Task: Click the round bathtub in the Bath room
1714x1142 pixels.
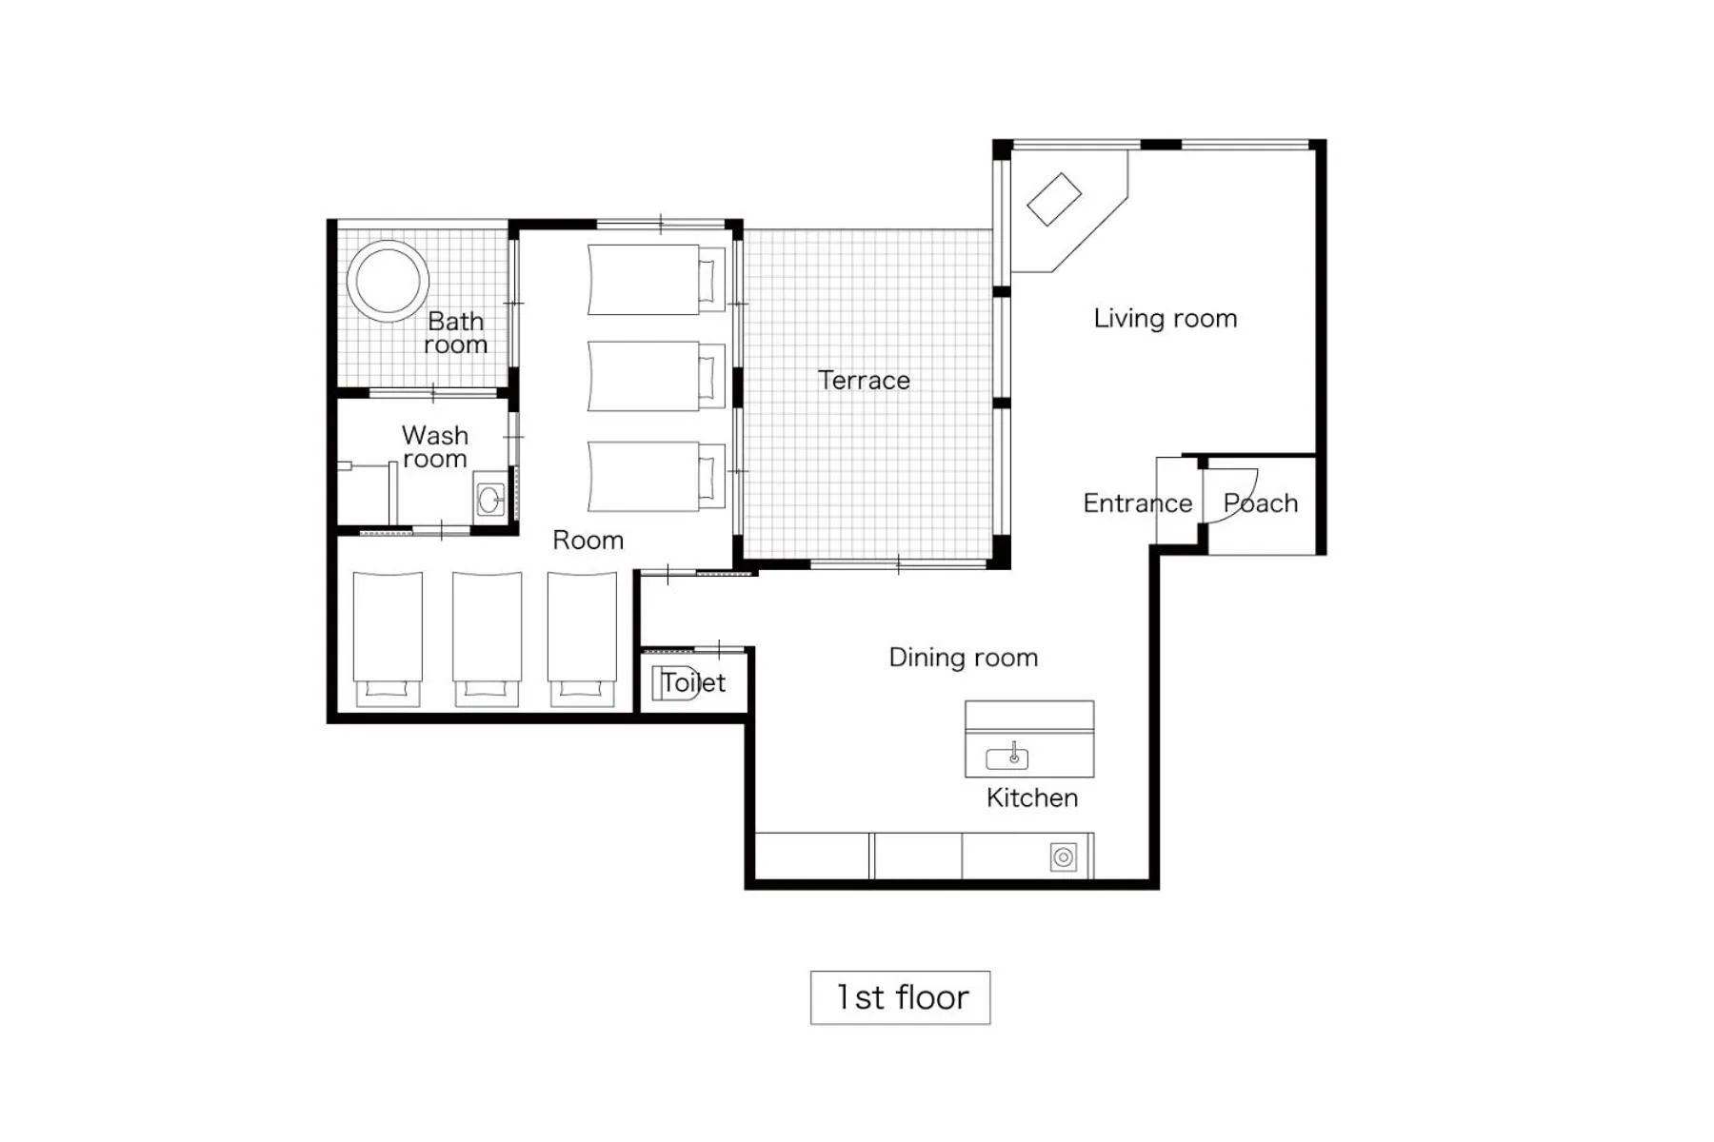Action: [388, 281]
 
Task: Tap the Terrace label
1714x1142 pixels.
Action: [864, 381]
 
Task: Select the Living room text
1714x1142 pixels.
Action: [1165, 319]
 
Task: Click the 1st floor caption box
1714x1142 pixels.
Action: [900, 997]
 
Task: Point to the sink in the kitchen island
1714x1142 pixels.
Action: [1007, 758]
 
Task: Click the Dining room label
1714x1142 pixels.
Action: [963, 658]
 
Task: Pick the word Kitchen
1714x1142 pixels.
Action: [1032, 797]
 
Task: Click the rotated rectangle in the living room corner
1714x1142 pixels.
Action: [1054, 200]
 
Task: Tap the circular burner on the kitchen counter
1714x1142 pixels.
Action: [1064, 857]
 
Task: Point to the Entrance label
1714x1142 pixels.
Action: [1137, 503]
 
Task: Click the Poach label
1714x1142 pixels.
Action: [1261, 503]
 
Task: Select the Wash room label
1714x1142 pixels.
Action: [435, 447]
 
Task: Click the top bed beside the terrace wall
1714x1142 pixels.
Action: [655, 279]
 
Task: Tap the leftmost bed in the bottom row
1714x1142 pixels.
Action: [388, 638]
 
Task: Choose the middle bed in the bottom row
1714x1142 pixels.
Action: [487, 638]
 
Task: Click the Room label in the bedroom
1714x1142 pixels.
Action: [588, 541]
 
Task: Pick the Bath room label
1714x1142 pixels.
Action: [456, 333]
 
